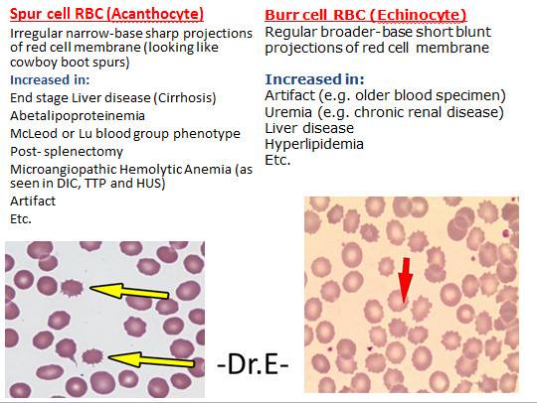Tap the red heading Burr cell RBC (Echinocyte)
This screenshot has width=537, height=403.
(x=366, y=16)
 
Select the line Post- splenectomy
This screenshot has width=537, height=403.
(x=66, y=151)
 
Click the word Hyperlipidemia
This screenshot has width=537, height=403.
(x=312, y=143)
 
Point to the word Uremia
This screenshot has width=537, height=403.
(x=288, y=110)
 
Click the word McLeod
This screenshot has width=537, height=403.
(x=34, y=133)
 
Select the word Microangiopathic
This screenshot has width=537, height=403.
(x=66, y=169)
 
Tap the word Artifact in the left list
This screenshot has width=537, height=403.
(x=31, y=201)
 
